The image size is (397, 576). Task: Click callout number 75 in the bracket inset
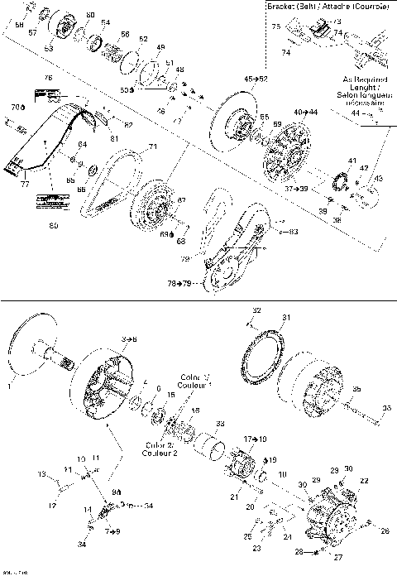277,26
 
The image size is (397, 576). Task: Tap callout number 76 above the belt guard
48,78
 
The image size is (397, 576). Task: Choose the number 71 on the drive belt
152,147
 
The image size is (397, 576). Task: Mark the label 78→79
180,283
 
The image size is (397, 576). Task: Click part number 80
54,225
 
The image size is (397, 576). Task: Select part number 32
256,310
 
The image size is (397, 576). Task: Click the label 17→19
255,438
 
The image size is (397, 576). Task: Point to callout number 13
38,474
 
